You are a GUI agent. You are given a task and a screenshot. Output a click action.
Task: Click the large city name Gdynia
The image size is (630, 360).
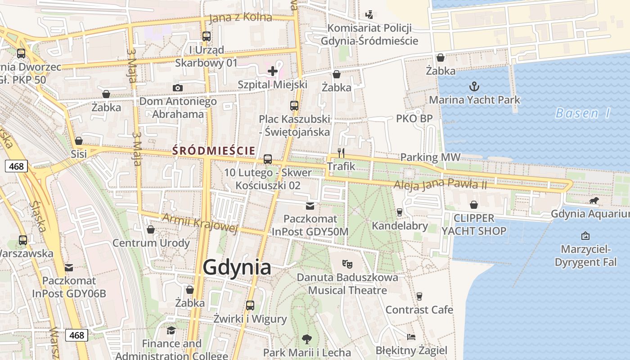(237, 267)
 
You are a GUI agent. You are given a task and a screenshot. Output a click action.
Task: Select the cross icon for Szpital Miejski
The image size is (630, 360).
(273, 71)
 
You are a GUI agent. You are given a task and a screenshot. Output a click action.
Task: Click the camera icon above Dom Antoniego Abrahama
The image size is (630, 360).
(178, 88)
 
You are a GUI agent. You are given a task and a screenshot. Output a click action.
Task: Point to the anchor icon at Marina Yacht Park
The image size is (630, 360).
(474, 86)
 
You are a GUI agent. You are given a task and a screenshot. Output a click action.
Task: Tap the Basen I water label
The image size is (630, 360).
(583, 113)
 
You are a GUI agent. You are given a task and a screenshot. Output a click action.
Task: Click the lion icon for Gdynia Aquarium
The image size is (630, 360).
(594, 200)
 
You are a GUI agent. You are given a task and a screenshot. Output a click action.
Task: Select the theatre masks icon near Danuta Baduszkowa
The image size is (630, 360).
(347, 264)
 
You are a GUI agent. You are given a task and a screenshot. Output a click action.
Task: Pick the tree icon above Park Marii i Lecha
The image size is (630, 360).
(307, 338)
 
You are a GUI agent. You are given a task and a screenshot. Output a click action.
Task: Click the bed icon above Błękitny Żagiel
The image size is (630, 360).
(411, 337)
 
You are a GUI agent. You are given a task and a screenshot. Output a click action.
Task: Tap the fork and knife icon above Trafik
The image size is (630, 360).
(341, 153)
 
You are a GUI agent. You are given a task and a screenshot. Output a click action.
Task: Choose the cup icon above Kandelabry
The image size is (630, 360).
(399, 212)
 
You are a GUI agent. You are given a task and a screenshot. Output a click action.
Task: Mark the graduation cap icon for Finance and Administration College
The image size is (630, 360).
(171, 331)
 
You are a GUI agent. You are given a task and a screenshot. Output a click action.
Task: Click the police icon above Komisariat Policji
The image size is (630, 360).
(369, 14)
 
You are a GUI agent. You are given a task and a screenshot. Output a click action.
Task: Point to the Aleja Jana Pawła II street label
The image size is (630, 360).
(440, 184)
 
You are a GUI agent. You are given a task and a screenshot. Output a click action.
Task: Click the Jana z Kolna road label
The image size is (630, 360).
(241, 18)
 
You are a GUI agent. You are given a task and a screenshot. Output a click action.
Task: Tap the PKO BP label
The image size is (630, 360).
(414, 118)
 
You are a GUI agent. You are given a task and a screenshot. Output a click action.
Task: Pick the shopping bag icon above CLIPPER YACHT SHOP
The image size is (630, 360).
(474, 205)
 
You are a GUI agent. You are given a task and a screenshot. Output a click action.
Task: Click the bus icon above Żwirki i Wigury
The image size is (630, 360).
(250, 306)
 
